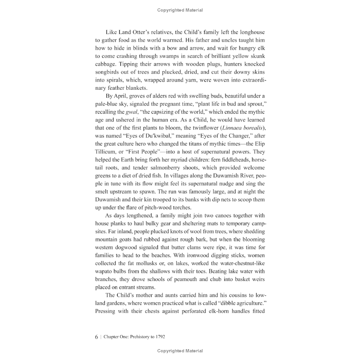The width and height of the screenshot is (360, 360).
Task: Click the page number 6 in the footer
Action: coord(97,336)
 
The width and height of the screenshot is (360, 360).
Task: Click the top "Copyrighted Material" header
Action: coord(180,10)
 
